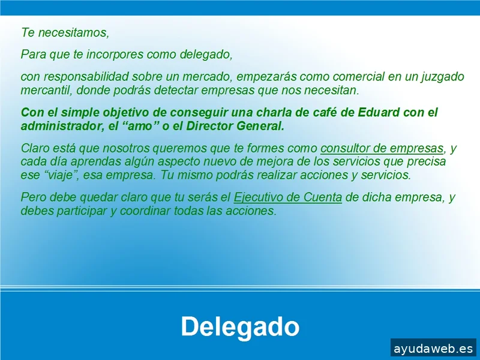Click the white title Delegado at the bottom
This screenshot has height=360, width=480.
(x=240, y=327)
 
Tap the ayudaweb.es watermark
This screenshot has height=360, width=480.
(x=433, y=348)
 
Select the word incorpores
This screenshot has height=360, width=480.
(x=111, y=55)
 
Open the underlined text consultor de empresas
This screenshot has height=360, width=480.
(x=382, y=148)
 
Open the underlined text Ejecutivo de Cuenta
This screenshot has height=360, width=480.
(x=288, y=197)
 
